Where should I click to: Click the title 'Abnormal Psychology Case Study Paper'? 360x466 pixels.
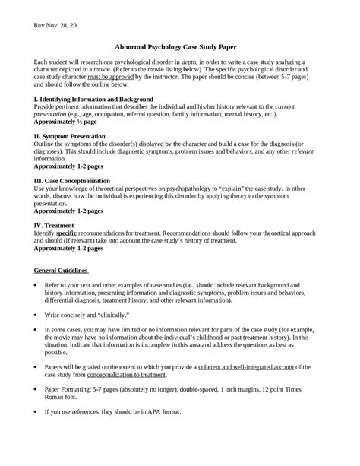coord(179,46)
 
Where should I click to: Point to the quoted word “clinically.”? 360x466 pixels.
coord(116,314)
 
